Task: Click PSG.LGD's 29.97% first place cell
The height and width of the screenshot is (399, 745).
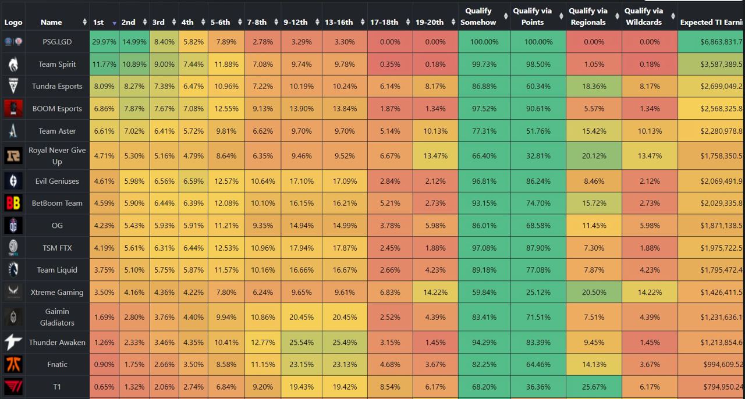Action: pos(104,42)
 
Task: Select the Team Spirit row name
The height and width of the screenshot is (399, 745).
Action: pos(57,64)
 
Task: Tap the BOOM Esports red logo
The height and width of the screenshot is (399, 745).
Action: pos(13,109)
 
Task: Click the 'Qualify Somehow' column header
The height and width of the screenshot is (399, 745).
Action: pos(478,17)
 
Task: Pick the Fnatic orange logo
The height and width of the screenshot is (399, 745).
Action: pos(13,365)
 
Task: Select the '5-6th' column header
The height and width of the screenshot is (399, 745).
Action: pos(221,22)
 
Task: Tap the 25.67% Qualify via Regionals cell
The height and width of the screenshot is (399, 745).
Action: pos(594,387)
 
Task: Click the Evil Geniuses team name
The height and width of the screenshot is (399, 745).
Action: pos(57,181)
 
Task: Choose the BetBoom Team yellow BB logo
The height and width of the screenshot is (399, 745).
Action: pos(13,203)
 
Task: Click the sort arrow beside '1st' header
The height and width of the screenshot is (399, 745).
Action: pos(114,23)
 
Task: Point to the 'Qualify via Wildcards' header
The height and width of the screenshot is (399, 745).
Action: pos(644,17)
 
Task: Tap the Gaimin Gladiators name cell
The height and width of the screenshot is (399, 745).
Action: pos(57,317)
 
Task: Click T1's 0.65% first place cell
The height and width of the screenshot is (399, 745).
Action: pos(104,387)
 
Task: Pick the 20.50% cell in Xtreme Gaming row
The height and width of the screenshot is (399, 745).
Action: pos(594,293)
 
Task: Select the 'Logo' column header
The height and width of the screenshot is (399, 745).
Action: pos(13,22)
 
